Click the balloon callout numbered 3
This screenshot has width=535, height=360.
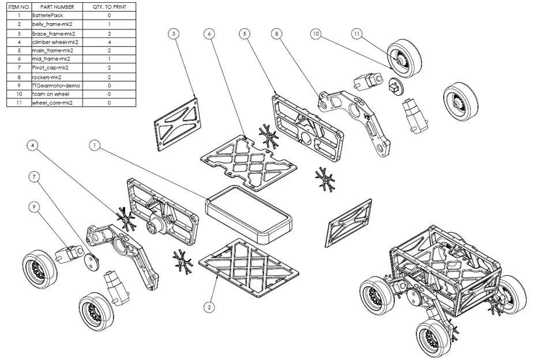[x=175, y=35]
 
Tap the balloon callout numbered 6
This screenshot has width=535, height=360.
[x=209, y=35]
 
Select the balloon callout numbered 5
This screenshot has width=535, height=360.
[x=245, y=35]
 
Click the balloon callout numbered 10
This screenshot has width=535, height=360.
[x=315, y=35]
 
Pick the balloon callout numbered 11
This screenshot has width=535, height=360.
[x=357, y=35]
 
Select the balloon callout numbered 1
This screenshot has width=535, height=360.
[x=94, y=146]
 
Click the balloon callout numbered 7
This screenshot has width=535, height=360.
[x=35, y=176]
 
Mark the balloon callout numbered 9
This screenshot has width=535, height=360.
[x=35, y=206]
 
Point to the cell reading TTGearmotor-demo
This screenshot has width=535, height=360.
[x=57, y=85]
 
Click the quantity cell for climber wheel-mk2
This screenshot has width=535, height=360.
[x=109, y=42]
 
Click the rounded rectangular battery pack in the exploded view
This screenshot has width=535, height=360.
[x=248, y=213]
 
